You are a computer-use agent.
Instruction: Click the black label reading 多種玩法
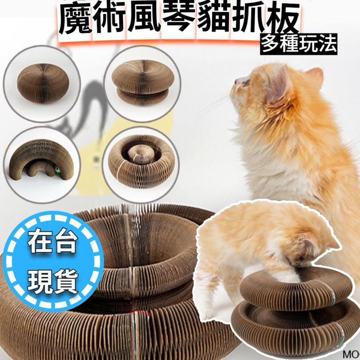pyautogui.click(x=299, y=44)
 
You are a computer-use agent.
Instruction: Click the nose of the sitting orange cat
pyautogui.click(x=236, y=81)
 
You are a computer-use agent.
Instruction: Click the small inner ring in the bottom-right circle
pyautogui.click(x=138, y=155)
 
